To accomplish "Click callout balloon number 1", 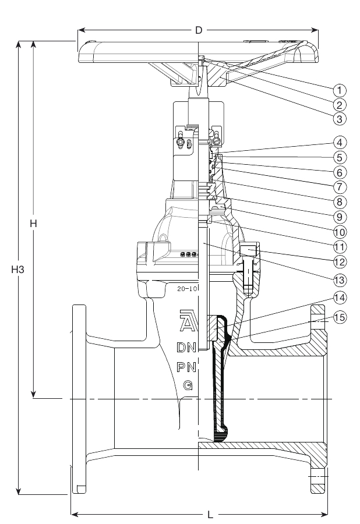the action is [x=340, y=90].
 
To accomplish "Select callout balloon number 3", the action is [x=340, y=119].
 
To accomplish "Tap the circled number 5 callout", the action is [x=340, y=157].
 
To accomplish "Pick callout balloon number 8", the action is [x=340, y=202].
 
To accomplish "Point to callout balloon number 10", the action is [x=340, y=232].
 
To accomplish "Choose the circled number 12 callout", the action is [x=340, y=261].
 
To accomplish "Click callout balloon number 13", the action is [x=340, y=279].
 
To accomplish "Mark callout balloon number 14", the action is [x=340, y=298].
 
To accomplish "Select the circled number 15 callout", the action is [x=340, y=317].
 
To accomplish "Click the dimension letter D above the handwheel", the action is [x=199, y=30].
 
